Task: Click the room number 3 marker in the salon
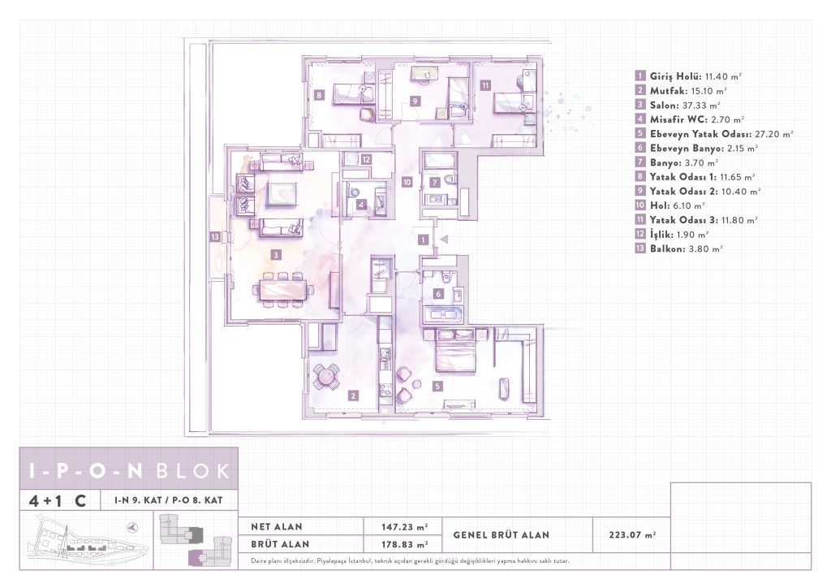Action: (276, 255)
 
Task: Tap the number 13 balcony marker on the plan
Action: (214, 237)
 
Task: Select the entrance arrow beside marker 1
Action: (444, 239)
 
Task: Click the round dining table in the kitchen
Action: (325, 376)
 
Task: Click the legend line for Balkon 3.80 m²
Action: (679, 249)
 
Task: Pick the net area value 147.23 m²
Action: (404, 527)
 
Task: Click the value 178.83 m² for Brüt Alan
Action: (404, 544)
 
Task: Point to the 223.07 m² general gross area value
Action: (632, 535)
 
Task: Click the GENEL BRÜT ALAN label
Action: (501, 535)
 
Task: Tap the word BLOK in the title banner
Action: (194, 470)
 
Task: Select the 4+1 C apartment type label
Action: (58, 500)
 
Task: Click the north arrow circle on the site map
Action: (133, 528)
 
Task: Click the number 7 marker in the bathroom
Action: (435, 183)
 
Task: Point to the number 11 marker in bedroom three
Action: (485, 84)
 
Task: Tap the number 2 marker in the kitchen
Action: (353, 396)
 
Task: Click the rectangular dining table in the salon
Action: (282, 289)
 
